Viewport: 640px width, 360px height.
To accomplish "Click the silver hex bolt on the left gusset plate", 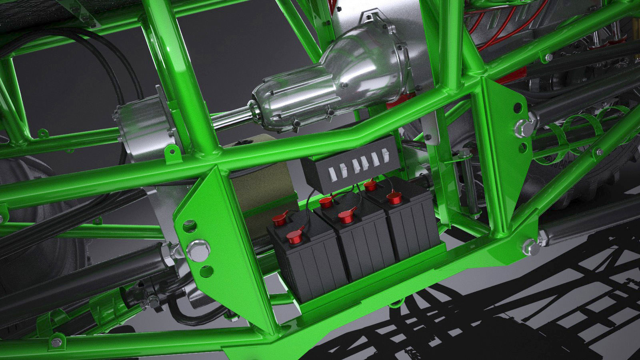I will point(197,248).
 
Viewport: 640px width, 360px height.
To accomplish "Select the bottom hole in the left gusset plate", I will point(206,270).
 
